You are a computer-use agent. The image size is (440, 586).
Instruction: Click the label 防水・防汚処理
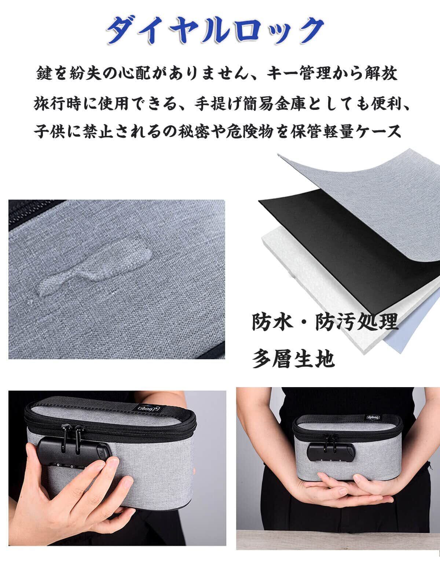(325, 322)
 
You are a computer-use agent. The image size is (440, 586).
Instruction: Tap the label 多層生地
(293, 359)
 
